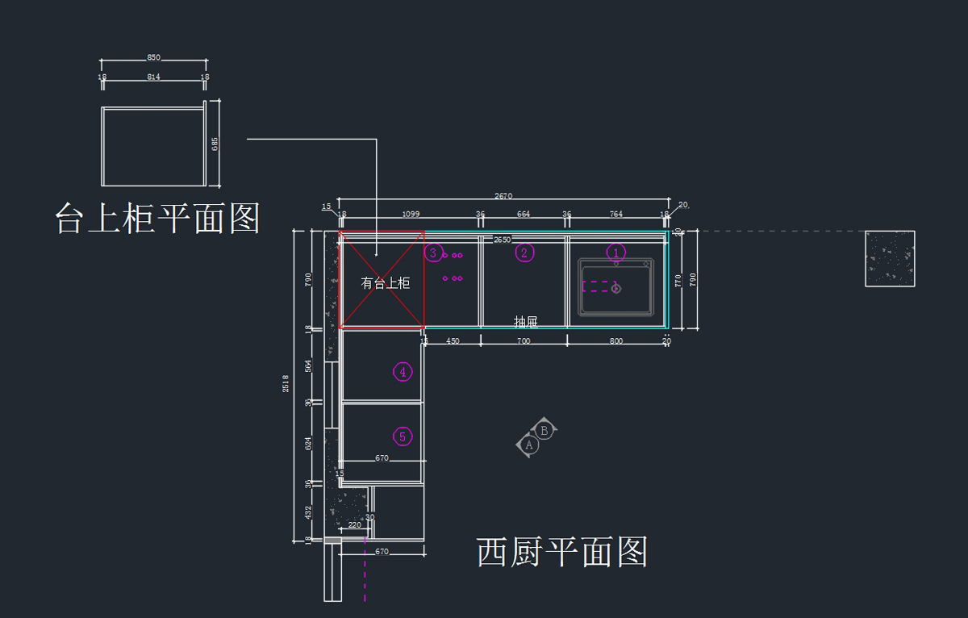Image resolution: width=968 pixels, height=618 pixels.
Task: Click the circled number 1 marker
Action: tap(615, 253)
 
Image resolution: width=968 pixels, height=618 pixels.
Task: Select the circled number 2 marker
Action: tap(524, 253)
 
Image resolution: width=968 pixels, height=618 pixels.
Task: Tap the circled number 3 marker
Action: tap(433, 253)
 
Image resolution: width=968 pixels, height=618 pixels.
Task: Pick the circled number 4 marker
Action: tap(403, 372)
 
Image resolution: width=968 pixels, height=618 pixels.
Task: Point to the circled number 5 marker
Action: tap(403, 436)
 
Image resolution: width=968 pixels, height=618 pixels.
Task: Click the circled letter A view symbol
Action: tap(529, 445)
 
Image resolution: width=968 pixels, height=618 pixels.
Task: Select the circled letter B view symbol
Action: tap(544, 431)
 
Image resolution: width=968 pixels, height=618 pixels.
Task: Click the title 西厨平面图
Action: tap(562, 553)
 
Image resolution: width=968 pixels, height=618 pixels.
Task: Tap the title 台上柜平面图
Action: tap(157, 218)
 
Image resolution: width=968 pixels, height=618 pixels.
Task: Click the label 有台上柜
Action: tap(385, 283)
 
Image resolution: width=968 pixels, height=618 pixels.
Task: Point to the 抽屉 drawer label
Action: tap(526, 322)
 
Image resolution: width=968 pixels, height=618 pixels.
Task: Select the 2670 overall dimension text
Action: tap(503, 196)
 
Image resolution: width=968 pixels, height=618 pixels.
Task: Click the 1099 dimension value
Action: tap(411, 215)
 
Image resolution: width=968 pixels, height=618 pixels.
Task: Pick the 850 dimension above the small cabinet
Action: tap(153, 58)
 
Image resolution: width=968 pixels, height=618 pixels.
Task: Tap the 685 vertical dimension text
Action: tap(215, 144)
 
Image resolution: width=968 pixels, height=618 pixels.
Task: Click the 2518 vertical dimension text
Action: tap(286, 383)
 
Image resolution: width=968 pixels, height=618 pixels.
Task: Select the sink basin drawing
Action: tap(615, 287)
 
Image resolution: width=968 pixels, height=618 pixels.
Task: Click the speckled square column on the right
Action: tap(890, 258)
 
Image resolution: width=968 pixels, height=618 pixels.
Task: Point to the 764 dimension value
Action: tap(616, 215)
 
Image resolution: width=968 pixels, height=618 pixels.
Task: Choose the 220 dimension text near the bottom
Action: tap(354, 525)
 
